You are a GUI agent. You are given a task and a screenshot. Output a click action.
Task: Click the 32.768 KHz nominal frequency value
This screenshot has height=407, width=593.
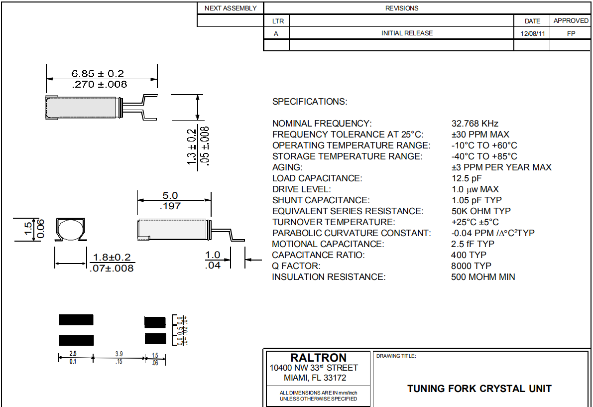coord(474,124)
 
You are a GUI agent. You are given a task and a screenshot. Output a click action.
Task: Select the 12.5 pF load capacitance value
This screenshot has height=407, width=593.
coord(467,178)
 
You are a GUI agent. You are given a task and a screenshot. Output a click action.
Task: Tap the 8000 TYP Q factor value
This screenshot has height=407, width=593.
coord(471,266)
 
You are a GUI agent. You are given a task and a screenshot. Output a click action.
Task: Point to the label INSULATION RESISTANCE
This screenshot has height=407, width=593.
coord(329,277)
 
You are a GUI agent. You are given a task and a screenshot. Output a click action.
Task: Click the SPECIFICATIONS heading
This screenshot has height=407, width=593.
coord(310,102)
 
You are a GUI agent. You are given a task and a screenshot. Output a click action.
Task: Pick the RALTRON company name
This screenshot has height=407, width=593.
coord(318,358)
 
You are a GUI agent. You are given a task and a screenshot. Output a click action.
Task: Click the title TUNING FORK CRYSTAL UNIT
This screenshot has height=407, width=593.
coord(479,389)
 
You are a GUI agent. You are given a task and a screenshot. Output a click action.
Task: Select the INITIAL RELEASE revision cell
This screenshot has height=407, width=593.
coord(407,33)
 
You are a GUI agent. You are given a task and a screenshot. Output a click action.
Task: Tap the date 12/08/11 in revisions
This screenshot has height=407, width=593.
coord(532,33)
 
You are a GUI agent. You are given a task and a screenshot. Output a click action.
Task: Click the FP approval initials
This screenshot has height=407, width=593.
coord(571,33)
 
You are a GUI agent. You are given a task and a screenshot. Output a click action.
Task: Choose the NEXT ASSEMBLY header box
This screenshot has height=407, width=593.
coord(231,8)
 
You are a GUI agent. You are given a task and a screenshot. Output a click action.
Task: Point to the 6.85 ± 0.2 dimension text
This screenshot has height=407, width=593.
coord(98,74)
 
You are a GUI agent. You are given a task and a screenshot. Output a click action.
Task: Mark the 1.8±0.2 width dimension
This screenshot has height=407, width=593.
coord(112,257)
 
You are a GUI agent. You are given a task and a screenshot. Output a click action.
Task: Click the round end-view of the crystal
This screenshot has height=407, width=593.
coord(69,230)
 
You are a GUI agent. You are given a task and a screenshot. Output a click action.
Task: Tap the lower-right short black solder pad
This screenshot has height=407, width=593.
coord(155,339)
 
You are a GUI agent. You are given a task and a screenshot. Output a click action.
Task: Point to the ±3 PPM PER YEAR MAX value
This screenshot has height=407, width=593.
coord(501,167)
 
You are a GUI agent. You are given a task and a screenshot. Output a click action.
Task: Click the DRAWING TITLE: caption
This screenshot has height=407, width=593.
coord(396,356)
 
